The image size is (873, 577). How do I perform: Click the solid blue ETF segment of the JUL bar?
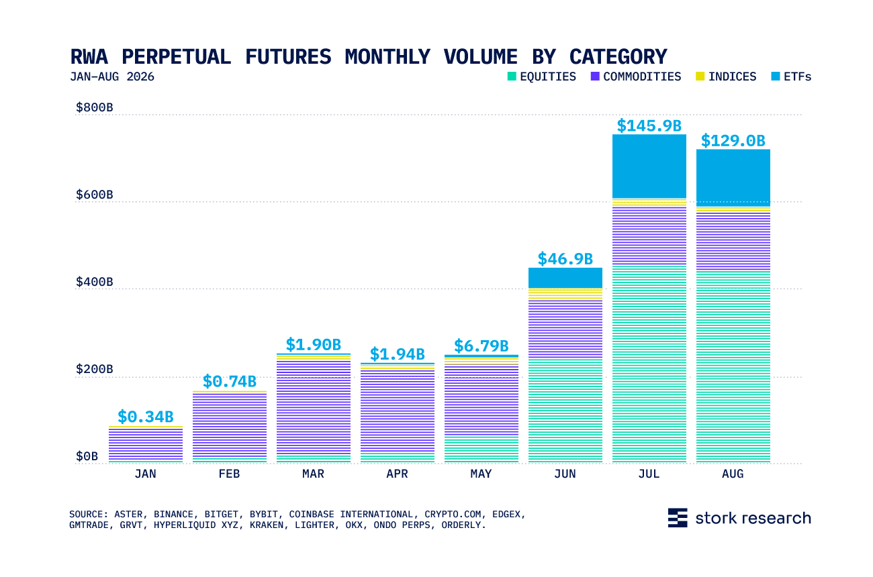point(649,166)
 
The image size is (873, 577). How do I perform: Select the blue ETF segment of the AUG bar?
point(733,178)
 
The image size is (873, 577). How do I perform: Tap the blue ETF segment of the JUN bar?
point(565,278)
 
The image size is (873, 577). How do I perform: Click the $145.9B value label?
point(649,125)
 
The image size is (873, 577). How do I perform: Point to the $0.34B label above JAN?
point(145,417)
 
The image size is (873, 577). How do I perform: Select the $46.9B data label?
point(565,259)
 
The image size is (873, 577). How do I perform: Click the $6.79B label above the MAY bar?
point(481,346)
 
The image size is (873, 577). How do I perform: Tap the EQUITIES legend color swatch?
point(512,76)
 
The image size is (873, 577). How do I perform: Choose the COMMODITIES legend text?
point(642,76)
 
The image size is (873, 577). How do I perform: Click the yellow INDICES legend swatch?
point(700,76)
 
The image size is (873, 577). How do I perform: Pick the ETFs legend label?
point(797,76)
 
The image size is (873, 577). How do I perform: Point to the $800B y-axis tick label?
point(94,107)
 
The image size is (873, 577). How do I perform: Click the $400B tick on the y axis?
point(94,282)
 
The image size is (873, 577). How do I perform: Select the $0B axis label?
point(87,456)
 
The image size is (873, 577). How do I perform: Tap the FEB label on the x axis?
point(229,474)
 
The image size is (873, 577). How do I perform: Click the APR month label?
point(397,474)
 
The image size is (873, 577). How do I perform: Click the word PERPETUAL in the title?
point(176,57)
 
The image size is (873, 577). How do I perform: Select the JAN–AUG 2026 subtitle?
point(112,76)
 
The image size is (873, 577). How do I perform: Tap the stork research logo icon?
point(678,518)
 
